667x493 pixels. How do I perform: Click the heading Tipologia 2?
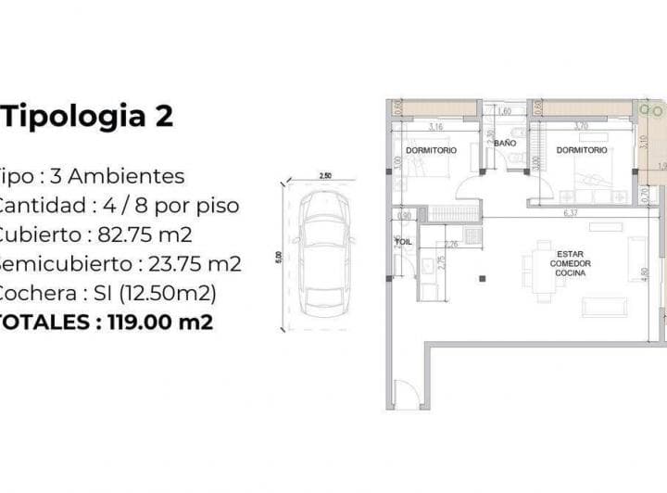[89, 117]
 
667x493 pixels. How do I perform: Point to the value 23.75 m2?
[195, 264]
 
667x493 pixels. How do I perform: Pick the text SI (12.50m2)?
[152, 293]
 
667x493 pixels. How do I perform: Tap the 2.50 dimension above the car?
[324, 175]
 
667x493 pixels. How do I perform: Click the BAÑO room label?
[505, 144]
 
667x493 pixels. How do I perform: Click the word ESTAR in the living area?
[570, 254]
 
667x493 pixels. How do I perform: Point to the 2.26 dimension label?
[451, 245]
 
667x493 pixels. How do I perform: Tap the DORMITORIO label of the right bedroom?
[582, 149]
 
